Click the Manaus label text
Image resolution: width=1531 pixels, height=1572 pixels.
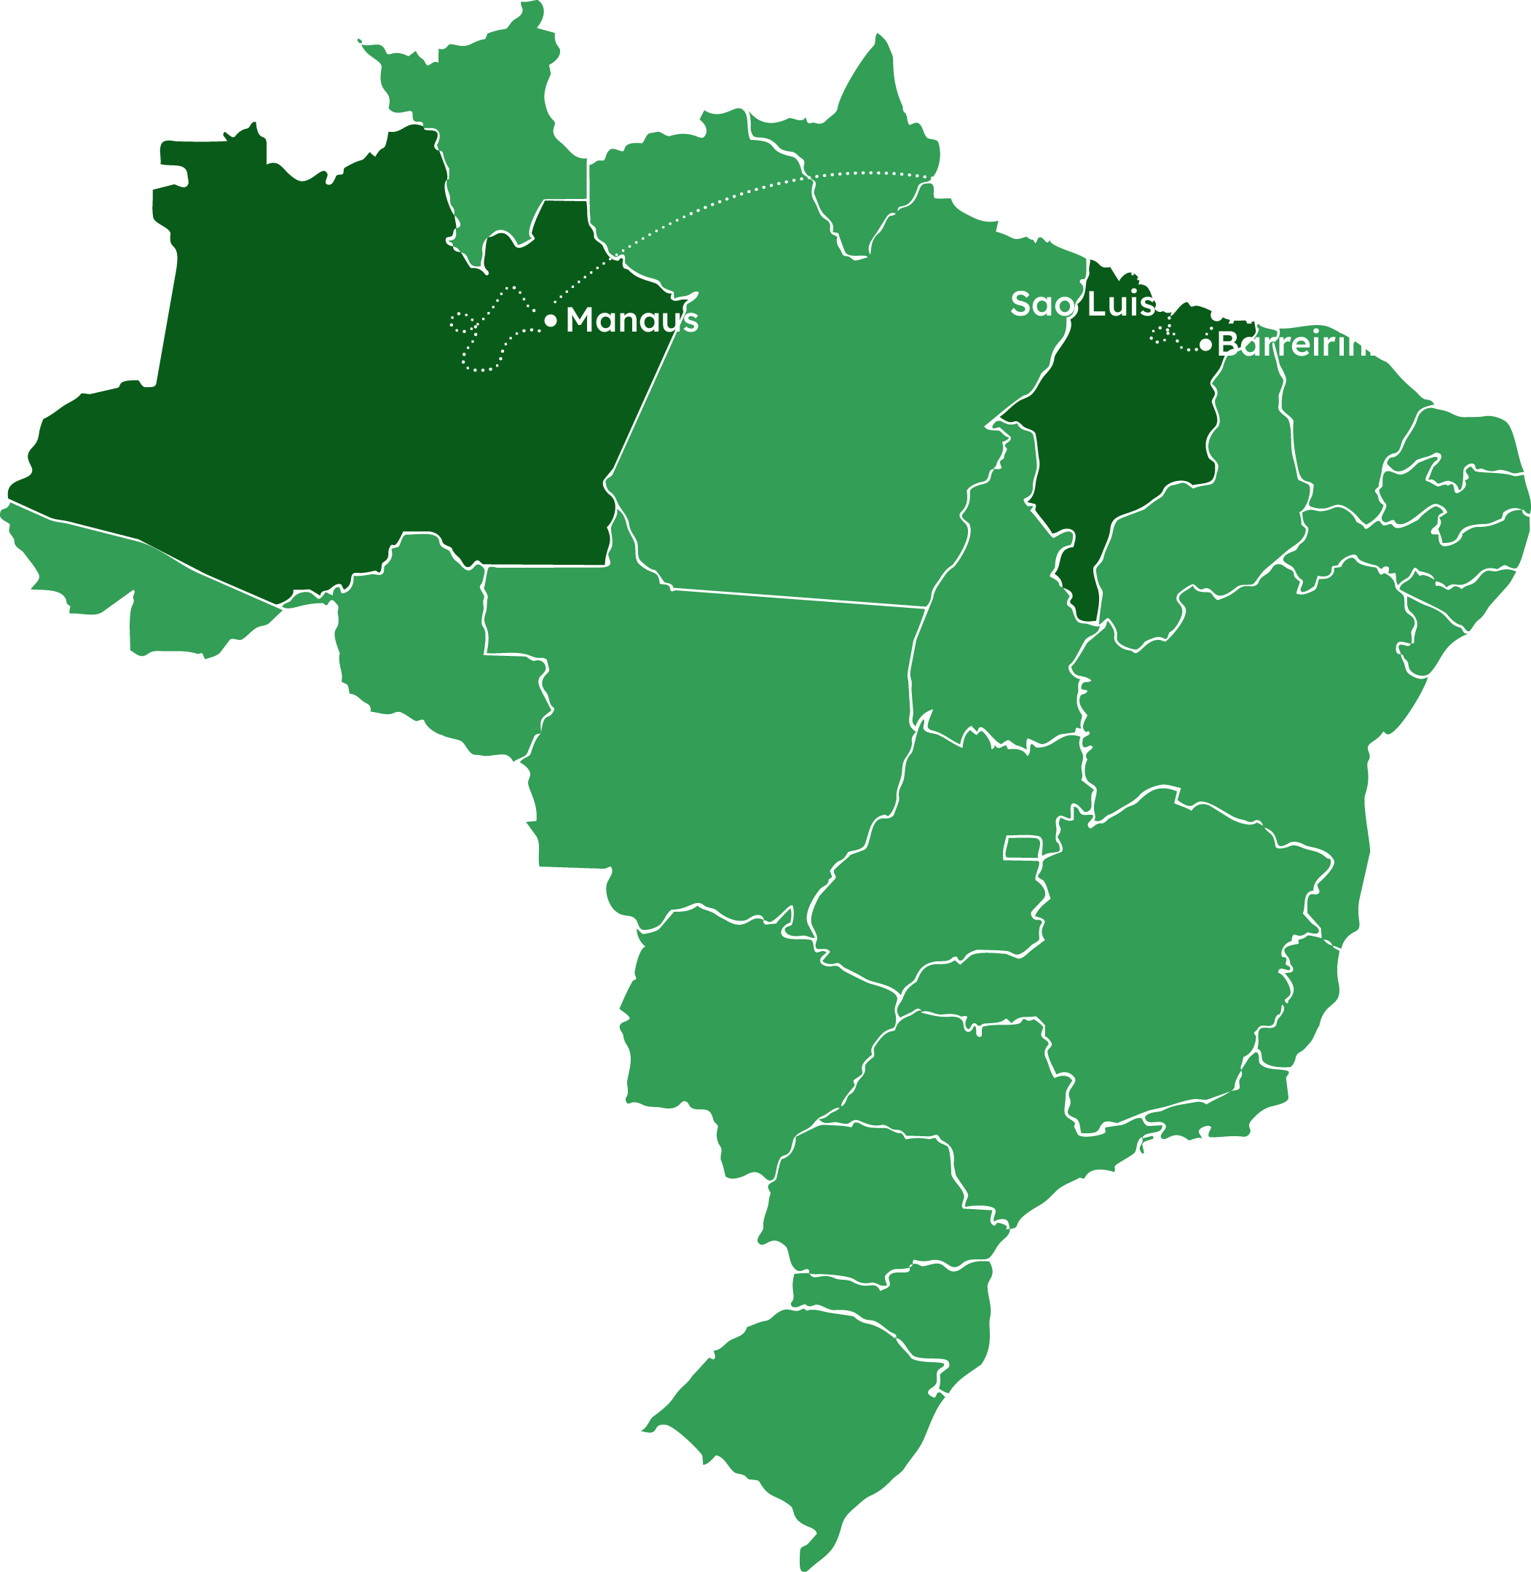(632, 320)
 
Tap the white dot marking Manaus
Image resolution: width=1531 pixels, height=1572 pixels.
(551, 321)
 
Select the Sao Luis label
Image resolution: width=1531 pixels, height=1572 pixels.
(1082, 304)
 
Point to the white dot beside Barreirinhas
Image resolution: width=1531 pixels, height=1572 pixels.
(1205, 345)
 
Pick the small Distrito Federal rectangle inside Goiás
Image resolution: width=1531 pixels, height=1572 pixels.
(1022, 847)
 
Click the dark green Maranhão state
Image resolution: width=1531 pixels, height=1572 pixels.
(1126, 434)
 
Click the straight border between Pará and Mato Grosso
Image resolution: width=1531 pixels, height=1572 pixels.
(796, 598)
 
